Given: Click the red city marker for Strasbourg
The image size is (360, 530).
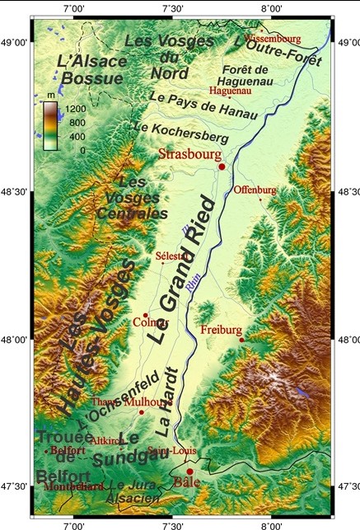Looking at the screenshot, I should click(222, 167).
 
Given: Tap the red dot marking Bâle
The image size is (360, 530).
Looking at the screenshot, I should click(190, 472).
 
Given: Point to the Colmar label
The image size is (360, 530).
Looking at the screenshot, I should click(150, 322).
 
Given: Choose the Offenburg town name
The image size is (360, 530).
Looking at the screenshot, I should click(255, 190).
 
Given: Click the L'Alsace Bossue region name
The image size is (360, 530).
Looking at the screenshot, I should click(93, 69).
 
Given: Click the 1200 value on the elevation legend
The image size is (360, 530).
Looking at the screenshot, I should click(77, 108).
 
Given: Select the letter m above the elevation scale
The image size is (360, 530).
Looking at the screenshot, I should click(50, 97).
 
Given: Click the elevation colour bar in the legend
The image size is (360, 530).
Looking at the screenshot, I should click(50, 129).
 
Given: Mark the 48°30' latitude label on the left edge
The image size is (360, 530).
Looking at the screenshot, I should click(15, 191).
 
